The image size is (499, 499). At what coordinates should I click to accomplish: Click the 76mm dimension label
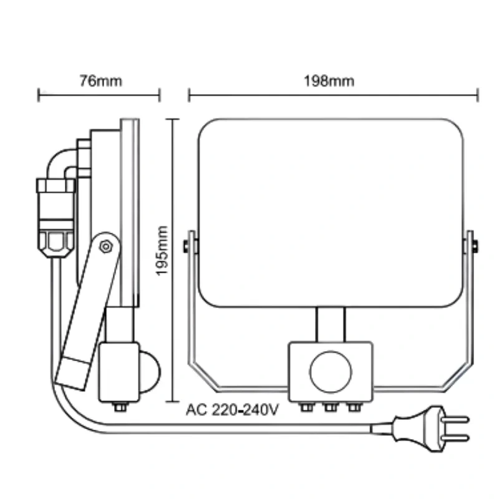[100, 81]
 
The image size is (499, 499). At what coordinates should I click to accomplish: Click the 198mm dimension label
[329, 81]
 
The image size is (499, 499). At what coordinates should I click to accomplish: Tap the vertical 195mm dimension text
[162, 251]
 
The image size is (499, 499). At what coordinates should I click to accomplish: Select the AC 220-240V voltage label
[232, 410]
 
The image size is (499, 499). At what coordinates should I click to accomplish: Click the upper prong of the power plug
[455, 419]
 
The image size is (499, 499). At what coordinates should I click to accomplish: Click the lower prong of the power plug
[455, 438]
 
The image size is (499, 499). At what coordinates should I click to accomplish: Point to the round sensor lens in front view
[331, 372]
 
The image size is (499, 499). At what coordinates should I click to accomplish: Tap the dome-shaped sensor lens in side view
[150, 372]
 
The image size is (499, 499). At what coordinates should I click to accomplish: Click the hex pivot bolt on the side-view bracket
[105, 246]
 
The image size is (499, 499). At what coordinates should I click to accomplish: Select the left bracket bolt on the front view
[186, 246]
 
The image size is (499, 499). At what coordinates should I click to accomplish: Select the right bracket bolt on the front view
[475, 246]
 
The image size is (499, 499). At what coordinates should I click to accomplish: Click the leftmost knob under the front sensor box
[307, 407]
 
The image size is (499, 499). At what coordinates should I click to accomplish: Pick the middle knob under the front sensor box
[331, 407]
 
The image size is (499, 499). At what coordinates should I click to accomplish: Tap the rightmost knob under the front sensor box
[354, 407]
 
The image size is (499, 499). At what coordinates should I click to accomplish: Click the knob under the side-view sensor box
[120, 407]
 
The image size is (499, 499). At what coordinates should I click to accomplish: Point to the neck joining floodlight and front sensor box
[331, 324]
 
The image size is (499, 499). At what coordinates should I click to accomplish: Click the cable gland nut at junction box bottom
[56, 244]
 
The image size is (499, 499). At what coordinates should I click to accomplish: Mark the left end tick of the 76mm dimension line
[39, 95]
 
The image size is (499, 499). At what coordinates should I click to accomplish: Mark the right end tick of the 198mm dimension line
[478, 95]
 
